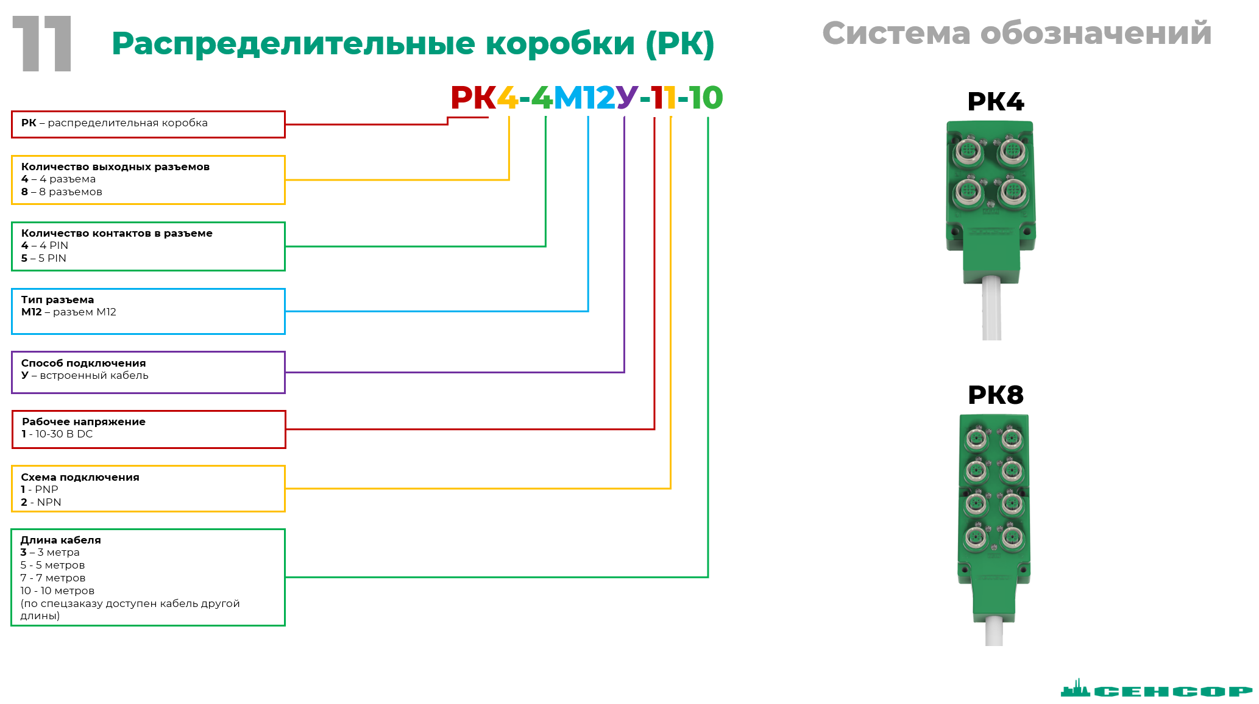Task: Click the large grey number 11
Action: pos(43,44)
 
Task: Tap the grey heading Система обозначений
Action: pos(1016,33)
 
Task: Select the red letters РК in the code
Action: pos(473,98)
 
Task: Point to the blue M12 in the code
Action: pos(584,98)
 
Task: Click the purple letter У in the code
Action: pos(626,98)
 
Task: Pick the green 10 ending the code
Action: pos(706,98)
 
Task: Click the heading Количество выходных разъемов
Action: pos(115,167)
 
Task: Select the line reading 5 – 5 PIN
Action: pos(44,258)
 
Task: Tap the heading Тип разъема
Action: pos(57,300)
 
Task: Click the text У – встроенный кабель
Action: pos(85,375)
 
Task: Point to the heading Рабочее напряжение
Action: pos(83,422)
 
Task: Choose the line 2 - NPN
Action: pos(41,502)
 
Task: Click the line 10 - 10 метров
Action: pos(57,591)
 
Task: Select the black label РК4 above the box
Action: pos(995,102)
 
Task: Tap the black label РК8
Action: pos(995,395)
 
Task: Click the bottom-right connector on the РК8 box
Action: pos(1012,537)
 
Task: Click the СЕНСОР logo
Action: pos(1156,690)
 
